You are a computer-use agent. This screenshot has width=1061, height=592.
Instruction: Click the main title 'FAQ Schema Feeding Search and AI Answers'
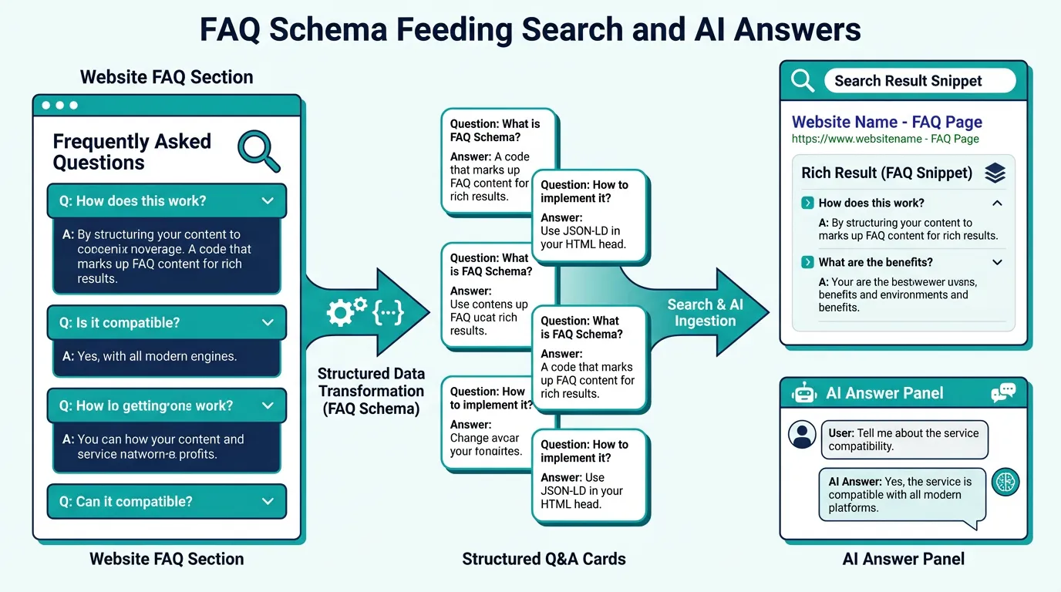pos(530,30)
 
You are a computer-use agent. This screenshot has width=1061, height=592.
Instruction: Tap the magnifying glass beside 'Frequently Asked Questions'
pos(258,150)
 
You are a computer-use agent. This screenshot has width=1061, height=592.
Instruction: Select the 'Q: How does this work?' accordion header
pos(167,201)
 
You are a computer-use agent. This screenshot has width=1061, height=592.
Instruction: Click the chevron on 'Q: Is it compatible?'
pos(268,323)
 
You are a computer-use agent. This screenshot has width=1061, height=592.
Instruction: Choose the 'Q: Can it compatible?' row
pos(167,502)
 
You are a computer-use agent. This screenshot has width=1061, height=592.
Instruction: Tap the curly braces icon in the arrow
pos(388,311)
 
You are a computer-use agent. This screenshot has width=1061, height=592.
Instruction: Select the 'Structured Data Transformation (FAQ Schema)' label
pos(371,391)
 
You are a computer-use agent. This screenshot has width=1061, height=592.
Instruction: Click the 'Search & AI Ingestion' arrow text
pos(705,313)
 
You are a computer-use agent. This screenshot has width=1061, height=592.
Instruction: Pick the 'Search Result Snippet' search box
pos(918,81)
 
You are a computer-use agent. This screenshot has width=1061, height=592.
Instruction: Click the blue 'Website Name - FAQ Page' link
pos(887,122)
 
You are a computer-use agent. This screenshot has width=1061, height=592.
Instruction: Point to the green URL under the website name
pos(885,140)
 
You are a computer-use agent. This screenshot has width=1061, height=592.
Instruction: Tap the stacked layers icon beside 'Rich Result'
pos(995,173)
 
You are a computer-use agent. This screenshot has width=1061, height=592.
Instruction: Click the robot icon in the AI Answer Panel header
pos(803,393)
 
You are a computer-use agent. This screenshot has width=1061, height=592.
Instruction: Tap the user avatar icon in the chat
pos(802,435)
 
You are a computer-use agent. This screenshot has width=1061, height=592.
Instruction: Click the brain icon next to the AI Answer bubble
pos(1005,483)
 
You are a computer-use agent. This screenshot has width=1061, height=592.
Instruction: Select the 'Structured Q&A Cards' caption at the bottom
pos(544,559)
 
